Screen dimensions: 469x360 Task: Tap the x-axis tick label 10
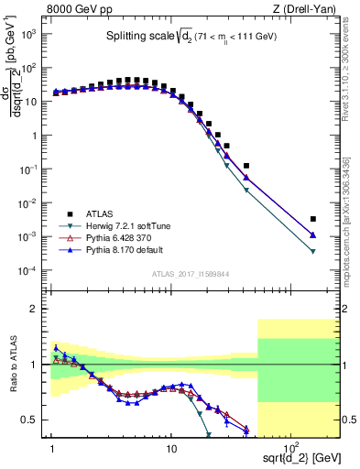click(x=170, y=442)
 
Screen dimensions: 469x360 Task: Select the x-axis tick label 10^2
click(x=289, y=442)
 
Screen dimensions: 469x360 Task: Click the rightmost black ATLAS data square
click(x=313, y=219)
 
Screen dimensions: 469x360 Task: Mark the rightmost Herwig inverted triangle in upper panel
click(x=313, y=251)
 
